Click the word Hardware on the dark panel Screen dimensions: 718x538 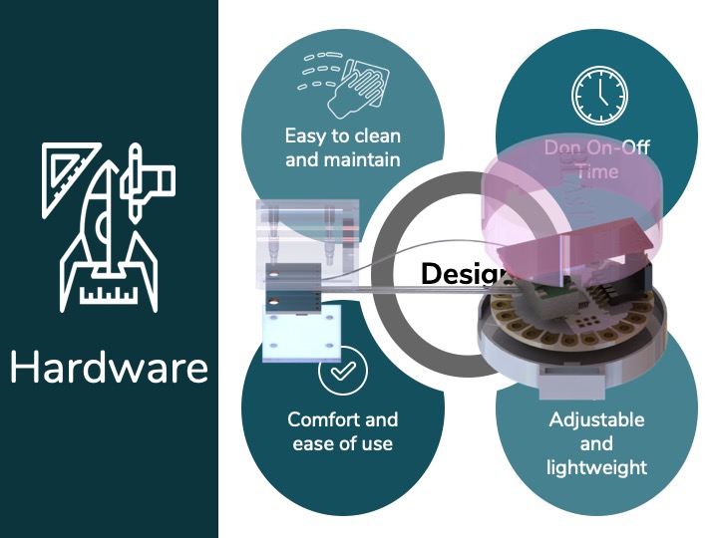(x=109, y=367)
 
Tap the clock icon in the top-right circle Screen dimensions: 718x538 (x=600, y=95)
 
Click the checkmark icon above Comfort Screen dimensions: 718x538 (x=342, y=372)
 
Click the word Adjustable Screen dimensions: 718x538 (x=596, y=419)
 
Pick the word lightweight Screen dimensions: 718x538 (x=596, y=466)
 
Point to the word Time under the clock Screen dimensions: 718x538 (x=597, y=171)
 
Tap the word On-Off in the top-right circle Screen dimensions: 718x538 (x=615, y=148)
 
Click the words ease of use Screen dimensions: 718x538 (x=342, y=443)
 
